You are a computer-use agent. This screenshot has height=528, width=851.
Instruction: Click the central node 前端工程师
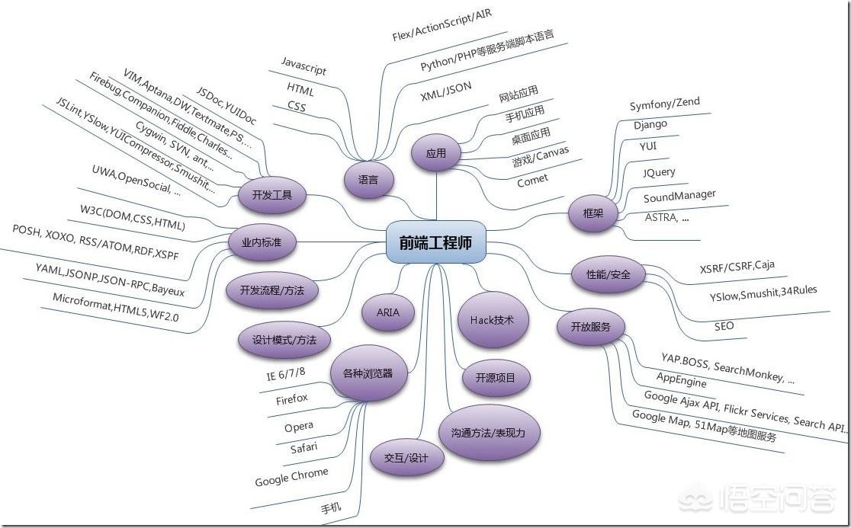tap(435, 242)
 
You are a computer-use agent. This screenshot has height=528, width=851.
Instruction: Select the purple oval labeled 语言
tap(368, 181)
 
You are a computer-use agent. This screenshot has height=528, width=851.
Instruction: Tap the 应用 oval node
tap(436, 153)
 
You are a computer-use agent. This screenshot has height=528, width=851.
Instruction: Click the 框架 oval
tap(592, 213)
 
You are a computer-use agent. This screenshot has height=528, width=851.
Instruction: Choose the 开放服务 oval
tap(591, 327)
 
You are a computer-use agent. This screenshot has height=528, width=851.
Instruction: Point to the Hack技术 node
tap(496, 320)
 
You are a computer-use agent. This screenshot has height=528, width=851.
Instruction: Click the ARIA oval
tap(387, 312)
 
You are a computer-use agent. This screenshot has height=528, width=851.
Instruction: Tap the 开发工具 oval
tap(272, 195)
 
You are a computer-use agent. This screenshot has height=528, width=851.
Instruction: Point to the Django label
tap(650, 124)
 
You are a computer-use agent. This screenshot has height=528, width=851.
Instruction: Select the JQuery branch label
tap(659, 172)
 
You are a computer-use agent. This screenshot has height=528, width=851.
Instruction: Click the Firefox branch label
tap(292, 398)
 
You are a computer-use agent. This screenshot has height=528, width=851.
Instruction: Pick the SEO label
tap(724, 326)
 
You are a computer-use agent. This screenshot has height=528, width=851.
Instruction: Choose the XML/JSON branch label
tap(446, 94)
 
